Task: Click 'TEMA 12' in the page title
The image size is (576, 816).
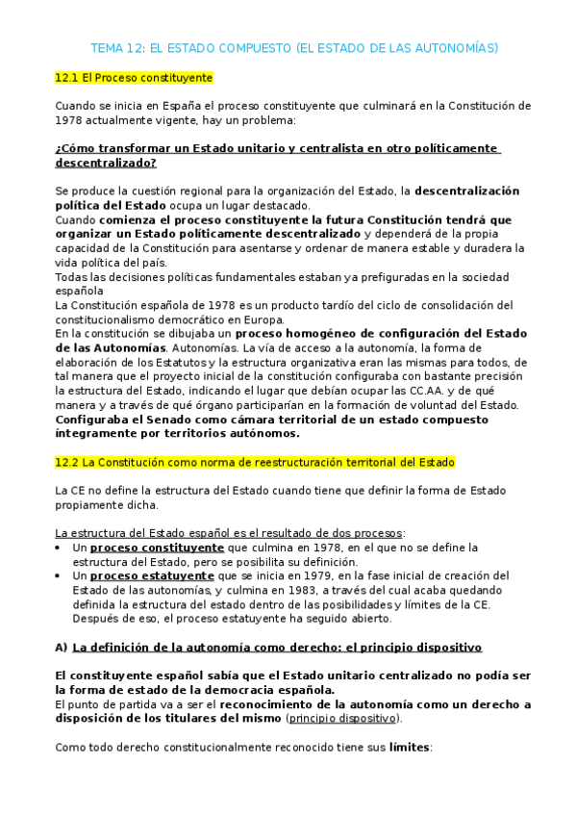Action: click(115, 47)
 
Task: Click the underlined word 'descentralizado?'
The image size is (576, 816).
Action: click(106, 163)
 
